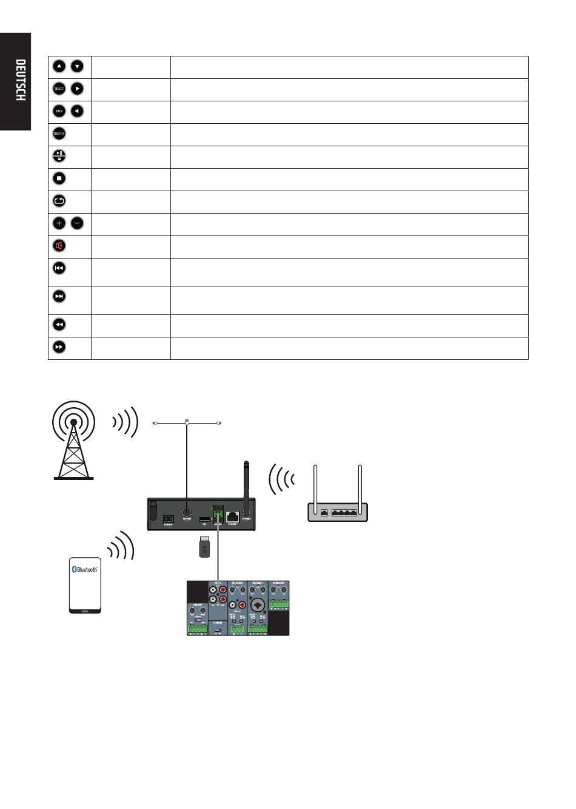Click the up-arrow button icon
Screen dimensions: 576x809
tap(59, 66)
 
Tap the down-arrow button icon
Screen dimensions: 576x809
tap(78, 66)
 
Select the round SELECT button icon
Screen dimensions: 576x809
tap(59, 89)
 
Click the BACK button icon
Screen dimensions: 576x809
tap(59, 111)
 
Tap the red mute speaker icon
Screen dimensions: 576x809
tap(59, 246)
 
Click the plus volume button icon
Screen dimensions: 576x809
tap(59, 223)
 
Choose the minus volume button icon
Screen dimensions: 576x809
tap(78, 223)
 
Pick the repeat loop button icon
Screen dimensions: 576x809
tap(59, 201)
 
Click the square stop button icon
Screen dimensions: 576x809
tap(59, 178)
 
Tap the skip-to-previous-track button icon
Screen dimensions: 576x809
tap(59, 268)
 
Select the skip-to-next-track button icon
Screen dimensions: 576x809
tap(59, 296)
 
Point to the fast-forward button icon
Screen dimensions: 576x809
tap(59, 347)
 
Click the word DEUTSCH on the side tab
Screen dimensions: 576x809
tap(20, 80)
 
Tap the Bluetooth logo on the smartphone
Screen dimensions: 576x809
tap(85, 569)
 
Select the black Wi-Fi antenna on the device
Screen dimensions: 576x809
tap(247, 482)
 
